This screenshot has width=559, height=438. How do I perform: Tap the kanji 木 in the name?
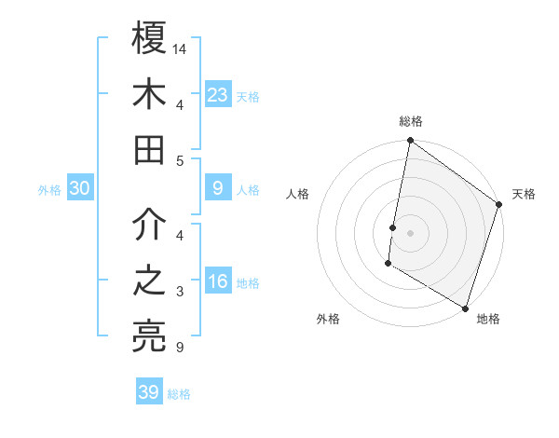click(150, 94)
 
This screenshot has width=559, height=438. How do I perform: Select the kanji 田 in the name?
click(150, 149)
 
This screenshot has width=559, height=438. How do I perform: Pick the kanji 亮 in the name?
click(150, 336)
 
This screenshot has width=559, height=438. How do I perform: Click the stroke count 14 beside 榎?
click(181, 48)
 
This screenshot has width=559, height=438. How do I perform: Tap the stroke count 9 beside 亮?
click(179, 349)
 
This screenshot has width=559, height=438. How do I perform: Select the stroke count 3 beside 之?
click(179, 293)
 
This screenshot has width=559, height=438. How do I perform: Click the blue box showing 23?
click(218, 94)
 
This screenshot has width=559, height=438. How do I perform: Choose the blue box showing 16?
click(218, 282)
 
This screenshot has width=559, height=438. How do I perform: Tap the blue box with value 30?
click(80, 188)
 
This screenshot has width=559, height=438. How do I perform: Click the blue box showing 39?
click(149, 392)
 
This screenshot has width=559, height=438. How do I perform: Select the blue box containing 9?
click(218, 188)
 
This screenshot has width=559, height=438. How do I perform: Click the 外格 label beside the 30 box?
click(49, 190)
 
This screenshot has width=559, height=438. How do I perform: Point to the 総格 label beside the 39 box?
click(179, 394)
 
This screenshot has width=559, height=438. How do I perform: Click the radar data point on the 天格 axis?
click(499, 206)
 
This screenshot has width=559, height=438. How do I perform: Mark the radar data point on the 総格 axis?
click(410, 142)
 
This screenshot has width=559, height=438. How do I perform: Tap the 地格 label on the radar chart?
click(488, 319)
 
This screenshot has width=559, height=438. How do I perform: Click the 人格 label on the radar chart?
click(297, 194)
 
